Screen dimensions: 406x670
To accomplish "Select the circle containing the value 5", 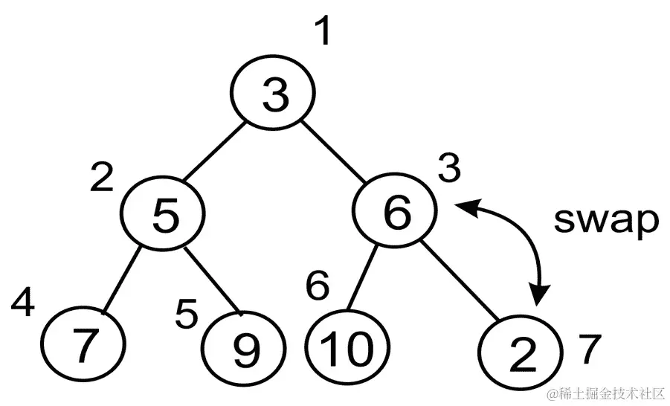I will pos(163,213).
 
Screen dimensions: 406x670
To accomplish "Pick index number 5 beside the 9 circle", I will pos(186,315).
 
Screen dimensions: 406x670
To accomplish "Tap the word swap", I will pos(607,222).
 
